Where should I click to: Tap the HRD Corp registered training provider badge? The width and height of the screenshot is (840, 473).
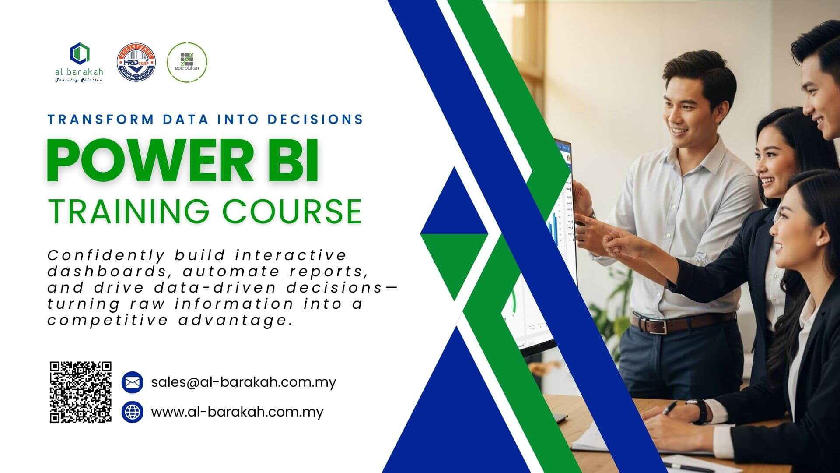[x=136, y=63]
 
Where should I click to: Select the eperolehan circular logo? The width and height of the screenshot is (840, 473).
[x=187, y=62]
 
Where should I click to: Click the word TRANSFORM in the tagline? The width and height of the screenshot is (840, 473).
[x=101, y=119]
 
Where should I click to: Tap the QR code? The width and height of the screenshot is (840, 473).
[x=80, y=392]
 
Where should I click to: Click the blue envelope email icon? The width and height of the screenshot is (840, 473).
[x=132, y=382]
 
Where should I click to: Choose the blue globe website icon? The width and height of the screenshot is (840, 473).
[x=132, y=412]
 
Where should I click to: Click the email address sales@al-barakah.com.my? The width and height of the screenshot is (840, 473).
[x=243, y=382]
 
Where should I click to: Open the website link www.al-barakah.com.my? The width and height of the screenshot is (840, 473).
[x=237, y=412]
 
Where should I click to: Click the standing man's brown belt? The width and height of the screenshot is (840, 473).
[x=669, y=324]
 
